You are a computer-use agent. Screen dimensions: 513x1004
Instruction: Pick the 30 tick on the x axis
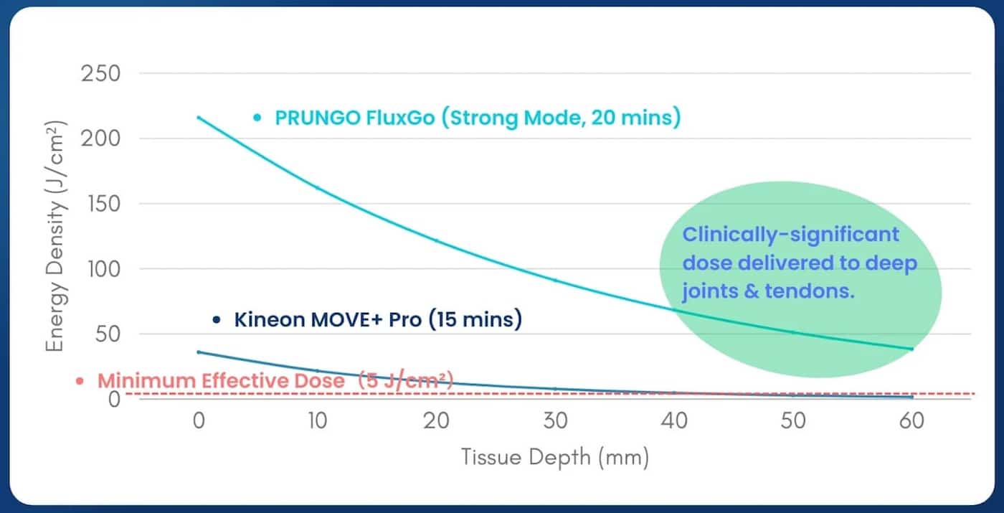(554, 421)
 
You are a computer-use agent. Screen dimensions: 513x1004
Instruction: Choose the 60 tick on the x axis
(911, 421)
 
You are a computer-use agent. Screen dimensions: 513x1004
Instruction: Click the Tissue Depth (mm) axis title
(554, 457)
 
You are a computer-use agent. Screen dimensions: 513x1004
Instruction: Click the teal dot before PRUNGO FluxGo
(257, 117)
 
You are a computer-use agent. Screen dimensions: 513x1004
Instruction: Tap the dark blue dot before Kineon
(217, 320)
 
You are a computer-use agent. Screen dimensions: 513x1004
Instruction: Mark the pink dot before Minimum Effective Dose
(80, 381)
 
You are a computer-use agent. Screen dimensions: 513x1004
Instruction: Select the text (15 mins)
(475, 319)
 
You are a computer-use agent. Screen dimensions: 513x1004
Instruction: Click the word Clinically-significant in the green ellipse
(790, 235)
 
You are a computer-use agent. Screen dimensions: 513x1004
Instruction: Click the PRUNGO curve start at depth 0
(199, 117)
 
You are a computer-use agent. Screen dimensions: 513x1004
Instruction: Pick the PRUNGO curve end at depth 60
(911, 349)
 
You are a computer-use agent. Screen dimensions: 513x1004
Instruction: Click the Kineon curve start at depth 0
(199, 352)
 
